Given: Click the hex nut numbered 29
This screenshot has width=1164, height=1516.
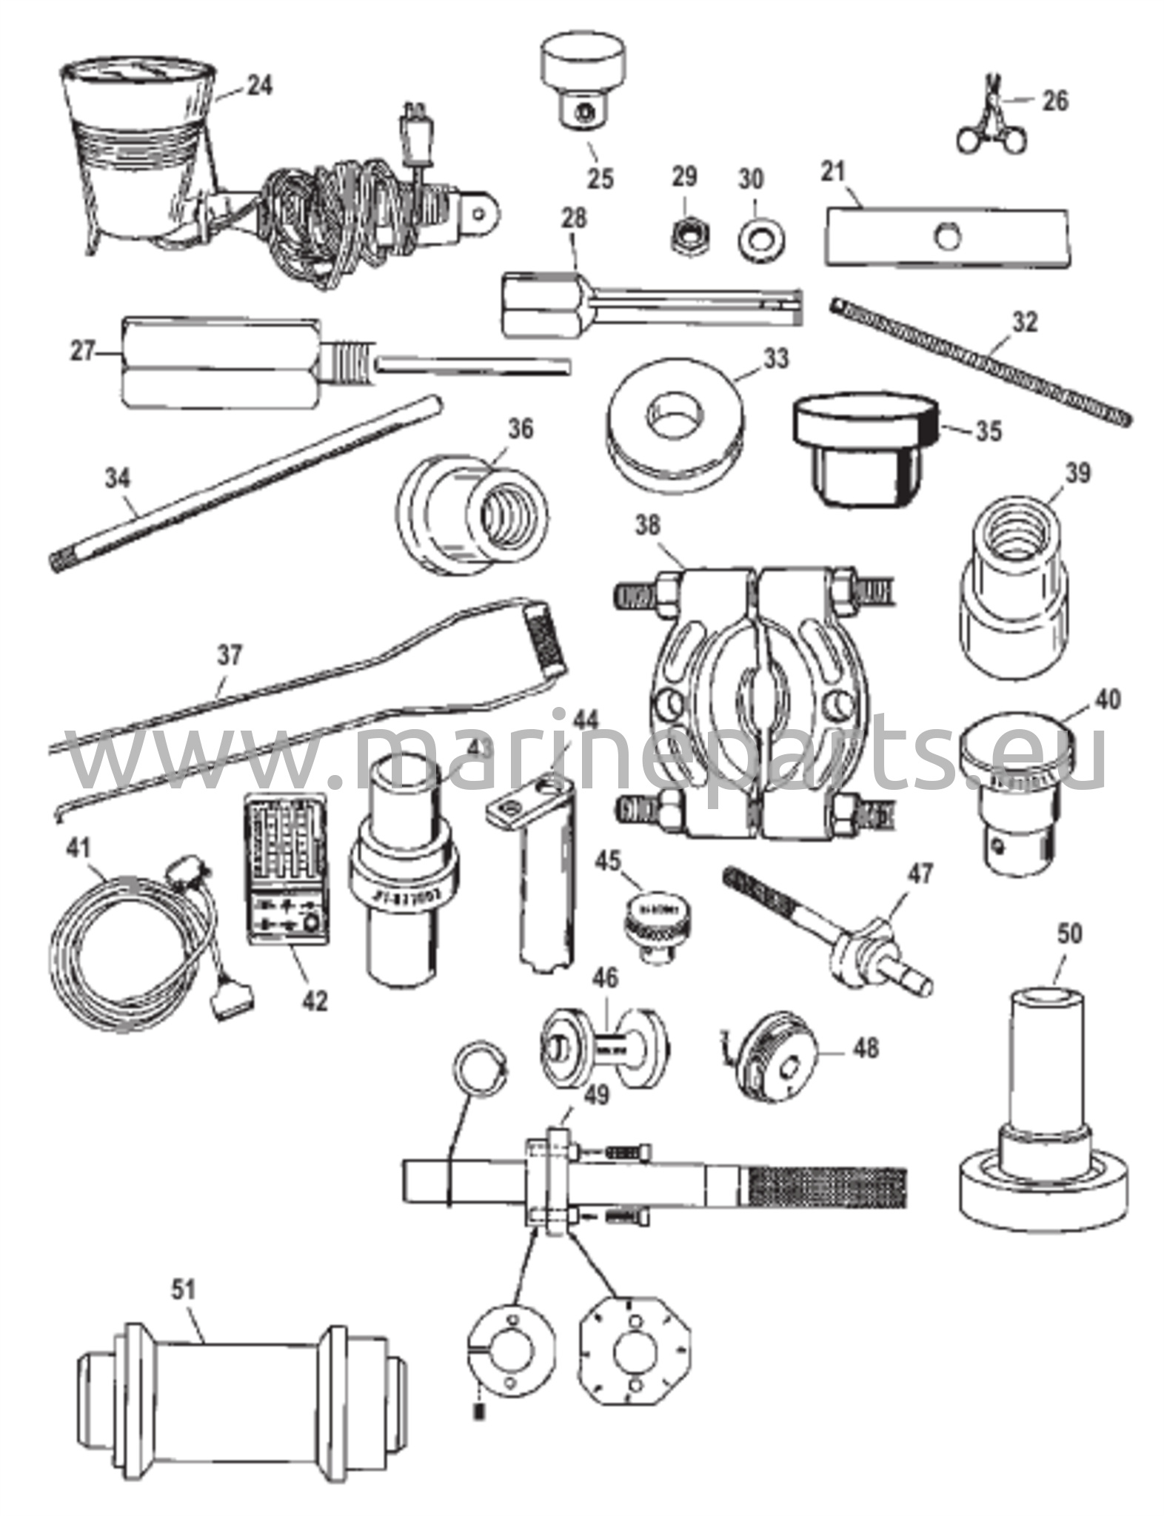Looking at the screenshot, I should click(x=683, y=235).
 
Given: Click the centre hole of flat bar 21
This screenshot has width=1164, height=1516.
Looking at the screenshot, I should click(x=946, y=238).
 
